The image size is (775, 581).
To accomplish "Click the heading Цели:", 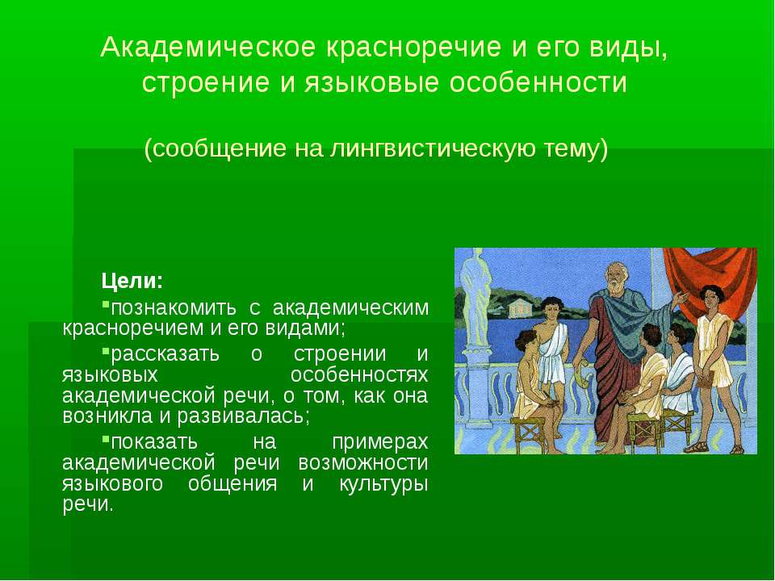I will coord(132,282).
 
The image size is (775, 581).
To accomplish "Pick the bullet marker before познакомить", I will coord(105,307).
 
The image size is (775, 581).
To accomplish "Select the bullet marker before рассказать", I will coord(105,353).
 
